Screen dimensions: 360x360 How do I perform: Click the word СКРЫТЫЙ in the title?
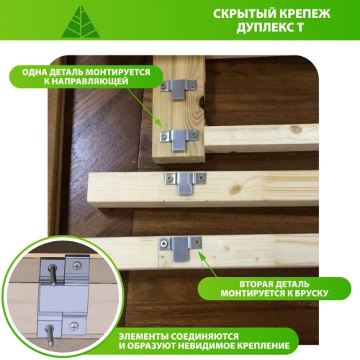[x=249, y=14]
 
